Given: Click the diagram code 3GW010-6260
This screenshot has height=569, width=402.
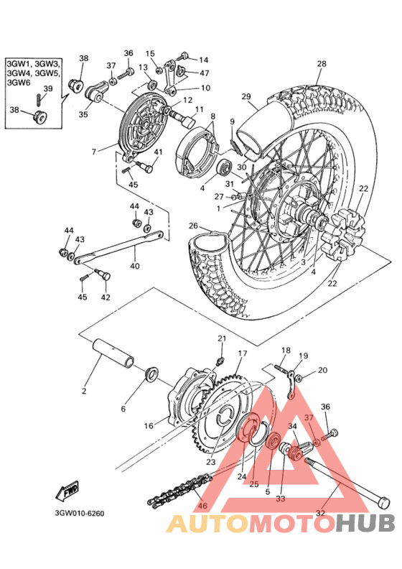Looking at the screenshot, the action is point(80,513).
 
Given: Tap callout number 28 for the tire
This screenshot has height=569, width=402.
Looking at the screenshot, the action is point(322,64).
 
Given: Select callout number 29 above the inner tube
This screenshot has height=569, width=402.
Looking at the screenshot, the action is point(246,96).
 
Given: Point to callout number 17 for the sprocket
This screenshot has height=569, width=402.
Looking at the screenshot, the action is point(243,353).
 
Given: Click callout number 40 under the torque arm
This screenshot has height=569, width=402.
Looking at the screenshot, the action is point(135,266).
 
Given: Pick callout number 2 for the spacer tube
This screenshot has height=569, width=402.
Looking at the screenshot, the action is point(84,391).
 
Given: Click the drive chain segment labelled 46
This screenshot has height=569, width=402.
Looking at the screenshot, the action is point(179,489).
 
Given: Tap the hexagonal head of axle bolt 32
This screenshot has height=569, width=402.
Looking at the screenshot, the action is point(383,503).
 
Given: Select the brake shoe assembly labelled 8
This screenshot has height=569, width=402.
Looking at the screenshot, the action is point(199,154).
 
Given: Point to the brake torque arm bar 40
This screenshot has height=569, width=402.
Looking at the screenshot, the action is point(118,246).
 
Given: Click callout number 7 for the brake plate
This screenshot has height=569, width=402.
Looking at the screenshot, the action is point(94,152).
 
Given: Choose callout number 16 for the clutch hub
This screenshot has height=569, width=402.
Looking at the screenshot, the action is point(149,425).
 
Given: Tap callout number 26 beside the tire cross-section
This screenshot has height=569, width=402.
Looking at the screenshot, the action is point(193,226).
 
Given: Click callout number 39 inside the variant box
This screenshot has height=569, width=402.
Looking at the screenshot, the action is point(48,88).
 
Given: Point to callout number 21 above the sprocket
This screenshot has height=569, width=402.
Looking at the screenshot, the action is point(222,338).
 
